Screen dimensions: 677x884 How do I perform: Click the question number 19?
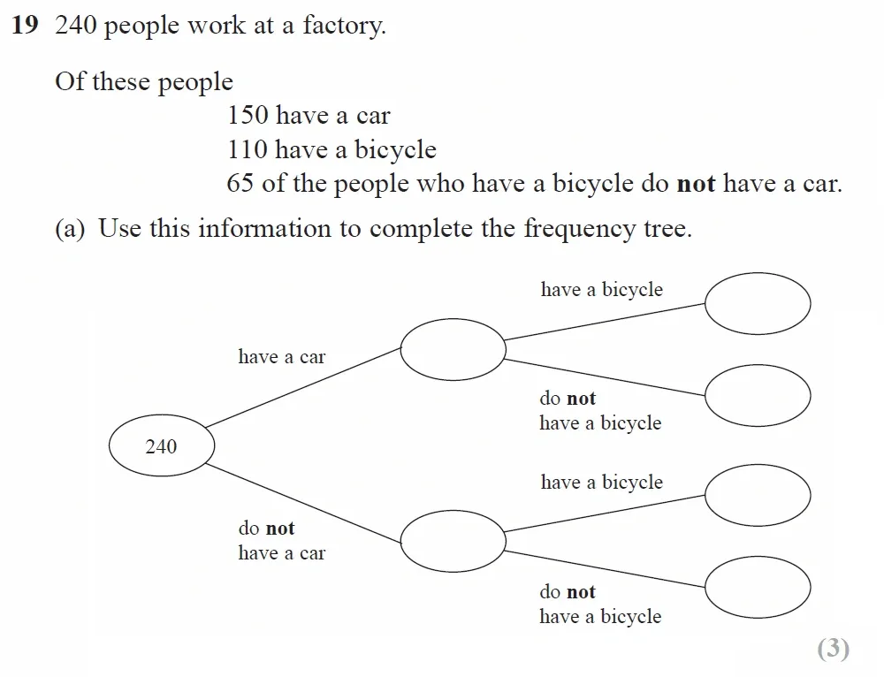[x=25, y=26]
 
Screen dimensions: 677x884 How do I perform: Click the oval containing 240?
[x=161, y=446]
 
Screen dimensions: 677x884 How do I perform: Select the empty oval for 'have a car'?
[x=453, y=349]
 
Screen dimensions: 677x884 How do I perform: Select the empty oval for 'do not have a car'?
[x=453, y=541]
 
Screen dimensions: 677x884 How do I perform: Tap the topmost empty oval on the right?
[x=758, y=302]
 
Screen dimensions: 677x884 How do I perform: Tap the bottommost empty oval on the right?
[x=758, y=587]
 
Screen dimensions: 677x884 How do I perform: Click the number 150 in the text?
[x=248, y=116]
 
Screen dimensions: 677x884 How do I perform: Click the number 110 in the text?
[x=248, y=149]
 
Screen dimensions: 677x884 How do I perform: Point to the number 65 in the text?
[x=240, y=184]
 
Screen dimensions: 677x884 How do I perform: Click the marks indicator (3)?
[x=833, y=649]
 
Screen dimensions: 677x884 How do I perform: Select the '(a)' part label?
[x=70, y=229]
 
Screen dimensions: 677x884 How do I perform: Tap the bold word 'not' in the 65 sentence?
[x=696, y=184]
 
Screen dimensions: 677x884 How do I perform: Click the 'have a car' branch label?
[x=281, y=357]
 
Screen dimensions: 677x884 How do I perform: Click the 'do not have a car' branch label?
[x=281, y=541]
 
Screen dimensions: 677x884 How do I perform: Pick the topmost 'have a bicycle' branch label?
[x=601, y=290]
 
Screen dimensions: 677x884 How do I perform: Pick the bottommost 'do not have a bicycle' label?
[x=600, y=605]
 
